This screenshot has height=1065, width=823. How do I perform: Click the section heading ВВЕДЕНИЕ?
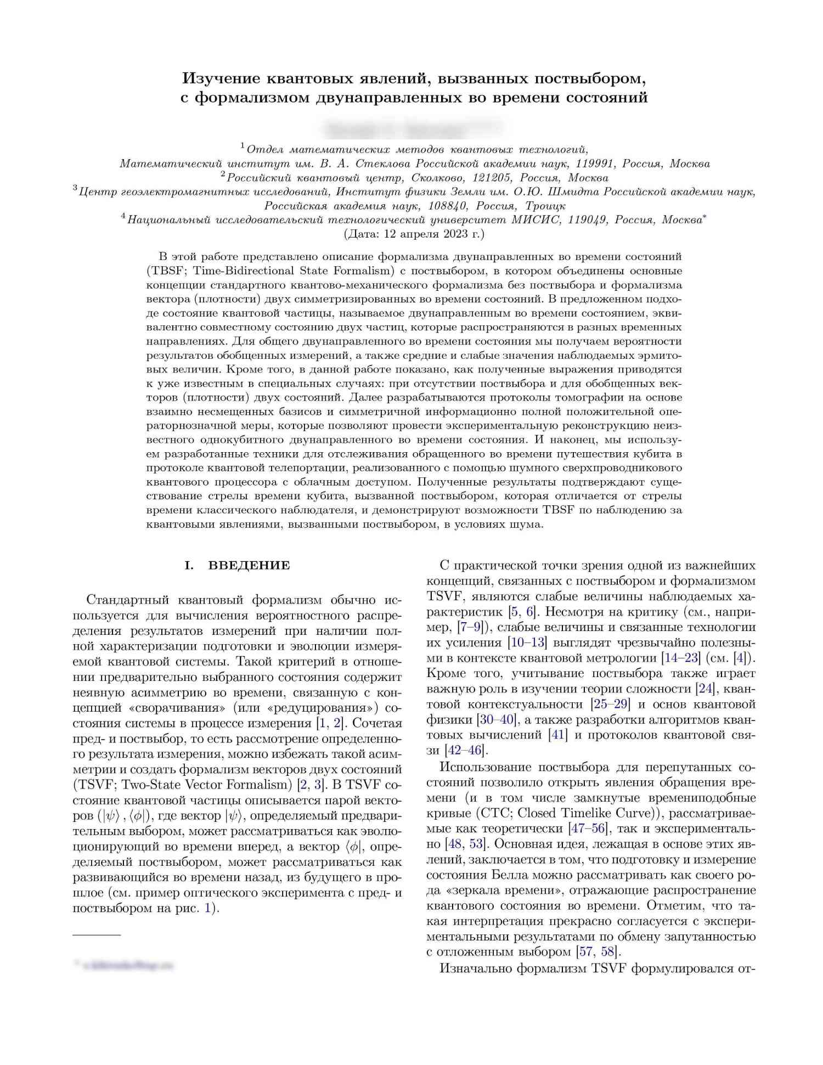249,565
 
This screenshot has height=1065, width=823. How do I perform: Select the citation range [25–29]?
610,704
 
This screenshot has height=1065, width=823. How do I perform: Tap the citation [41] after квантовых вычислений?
558,735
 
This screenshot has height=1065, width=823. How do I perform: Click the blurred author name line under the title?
411,129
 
